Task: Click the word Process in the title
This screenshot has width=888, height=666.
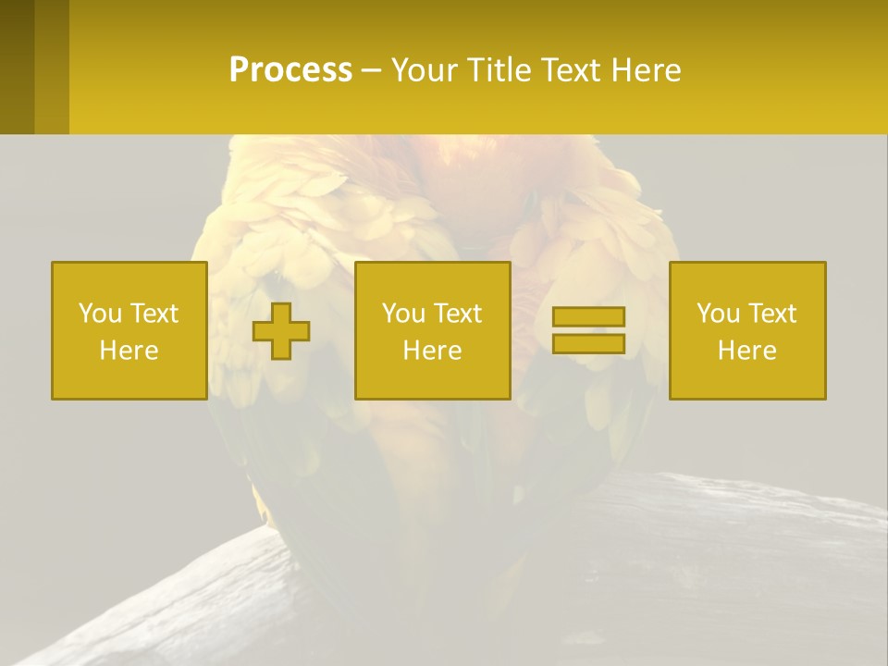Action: click(x=290, y=70)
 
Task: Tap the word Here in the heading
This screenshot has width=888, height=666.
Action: click(x=646, y=70)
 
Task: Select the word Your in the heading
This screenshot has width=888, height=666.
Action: click(x=421, y=70)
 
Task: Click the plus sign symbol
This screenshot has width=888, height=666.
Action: click(x=281, y=330)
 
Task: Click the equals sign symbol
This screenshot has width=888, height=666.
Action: click(x=588, y=330)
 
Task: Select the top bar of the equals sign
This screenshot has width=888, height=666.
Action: click(x=588, y=316)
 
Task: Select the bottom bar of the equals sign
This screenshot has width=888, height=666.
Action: click(x=588, y=344)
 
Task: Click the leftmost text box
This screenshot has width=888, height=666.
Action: click(x=129, y=330)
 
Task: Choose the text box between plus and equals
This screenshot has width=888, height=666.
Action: click(x=432, y=330)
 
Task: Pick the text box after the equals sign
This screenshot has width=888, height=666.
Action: click(x=747, y=330)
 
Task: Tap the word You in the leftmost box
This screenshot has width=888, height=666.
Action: click(x=100, y=313)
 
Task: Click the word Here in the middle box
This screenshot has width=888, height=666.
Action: click(x=432, y=351)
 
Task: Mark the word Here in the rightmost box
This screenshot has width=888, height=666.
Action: click(x=747, y=351)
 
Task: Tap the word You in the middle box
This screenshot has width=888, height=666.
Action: click(x=403, y=313)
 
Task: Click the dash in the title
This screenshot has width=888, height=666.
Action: click(x=372, y=71)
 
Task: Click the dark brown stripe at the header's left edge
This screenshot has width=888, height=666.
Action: click(x=17, y=67)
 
